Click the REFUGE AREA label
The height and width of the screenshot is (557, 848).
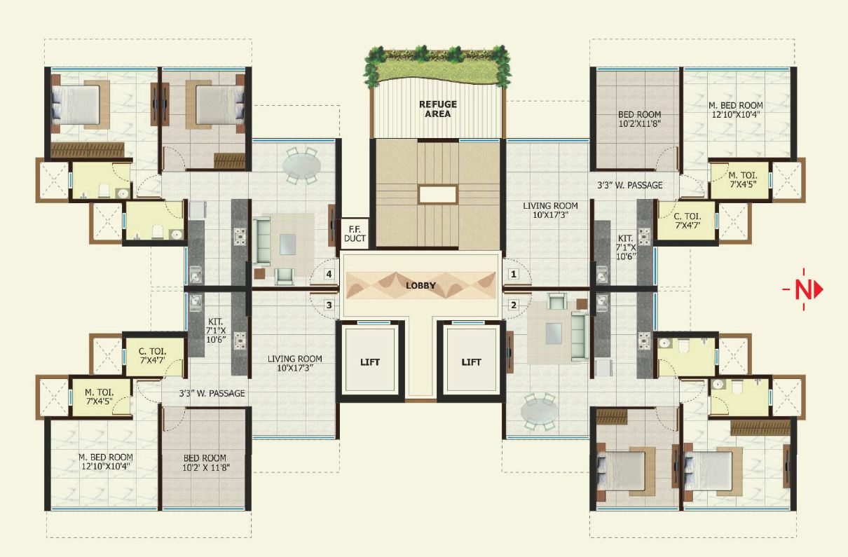437,109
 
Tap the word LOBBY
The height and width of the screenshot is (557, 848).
420,286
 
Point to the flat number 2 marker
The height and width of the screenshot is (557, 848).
513,304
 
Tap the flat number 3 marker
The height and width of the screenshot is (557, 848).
328,304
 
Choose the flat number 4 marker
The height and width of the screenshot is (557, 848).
328,274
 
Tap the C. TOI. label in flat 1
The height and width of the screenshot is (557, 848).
686,221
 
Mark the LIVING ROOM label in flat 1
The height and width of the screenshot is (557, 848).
550,211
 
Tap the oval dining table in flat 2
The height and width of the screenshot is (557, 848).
540,413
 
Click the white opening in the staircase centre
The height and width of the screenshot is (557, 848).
437,194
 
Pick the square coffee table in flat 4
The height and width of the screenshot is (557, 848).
287,244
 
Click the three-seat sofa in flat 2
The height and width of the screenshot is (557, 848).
579,334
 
